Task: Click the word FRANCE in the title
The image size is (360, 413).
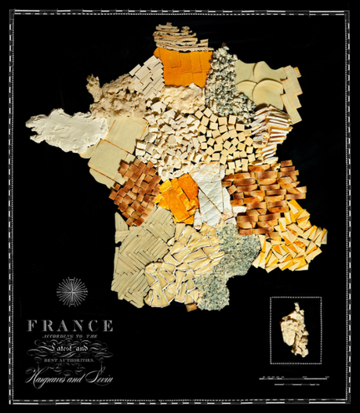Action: [x=70, y=325]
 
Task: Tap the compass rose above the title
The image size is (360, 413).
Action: [x=72, y=292]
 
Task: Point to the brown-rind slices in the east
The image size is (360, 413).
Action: [x=263, y=196]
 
